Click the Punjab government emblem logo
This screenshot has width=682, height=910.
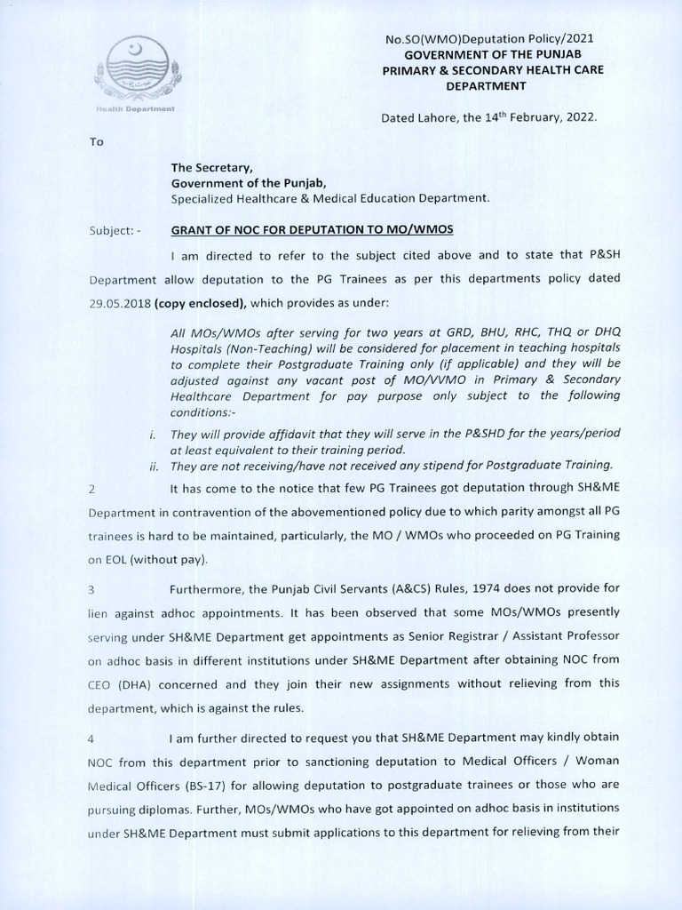pos(140,70)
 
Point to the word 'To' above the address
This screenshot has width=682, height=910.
pos(96,141)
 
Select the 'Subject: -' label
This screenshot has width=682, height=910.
pos(115,230)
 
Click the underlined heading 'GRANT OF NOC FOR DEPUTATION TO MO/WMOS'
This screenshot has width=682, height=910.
pos(312,229)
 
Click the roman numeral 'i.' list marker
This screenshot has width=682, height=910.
pos(153,433)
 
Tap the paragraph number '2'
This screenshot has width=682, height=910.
pos(91,490)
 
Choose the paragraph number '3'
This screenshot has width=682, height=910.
pos(91,589)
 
